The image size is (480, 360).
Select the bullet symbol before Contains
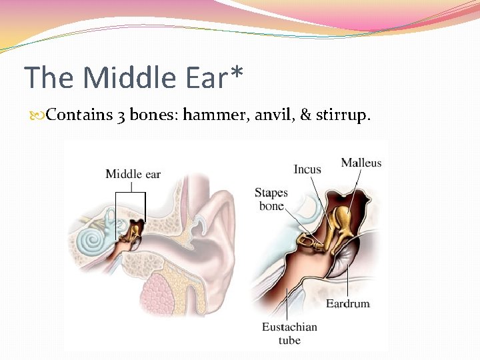point(39,115)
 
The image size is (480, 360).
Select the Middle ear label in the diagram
point(133,174)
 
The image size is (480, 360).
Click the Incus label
point(307,169)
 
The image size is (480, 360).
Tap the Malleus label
point(361,163)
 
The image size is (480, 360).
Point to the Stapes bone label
point(271,199)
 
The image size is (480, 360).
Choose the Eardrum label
point(347,304)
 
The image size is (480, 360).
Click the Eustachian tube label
point(289,333)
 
